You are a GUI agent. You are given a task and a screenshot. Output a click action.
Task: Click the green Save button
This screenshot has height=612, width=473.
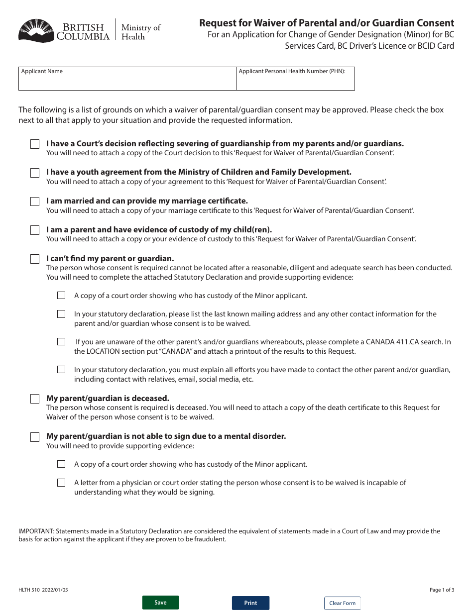point(160,603)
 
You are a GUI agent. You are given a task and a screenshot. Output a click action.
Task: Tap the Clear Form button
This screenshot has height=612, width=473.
point(342,603)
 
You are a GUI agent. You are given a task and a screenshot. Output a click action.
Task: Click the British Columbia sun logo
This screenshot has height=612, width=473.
point(35,31)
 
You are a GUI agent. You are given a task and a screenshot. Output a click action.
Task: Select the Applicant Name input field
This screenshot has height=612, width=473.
point(127,79)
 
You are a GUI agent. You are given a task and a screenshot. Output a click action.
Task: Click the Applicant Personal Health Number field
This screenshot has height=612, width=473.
point(295,79)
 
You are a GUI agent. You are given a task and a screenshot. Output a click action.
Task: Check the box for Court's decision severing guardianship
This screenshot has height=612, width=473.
point(35,144)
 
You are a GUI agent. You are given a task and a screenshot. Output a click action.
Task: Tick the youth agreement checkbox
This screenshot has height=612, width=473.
point(35,173)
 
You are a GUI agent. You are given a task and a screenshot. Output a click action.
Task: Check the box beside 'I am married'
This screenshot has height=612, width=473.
point(35,202)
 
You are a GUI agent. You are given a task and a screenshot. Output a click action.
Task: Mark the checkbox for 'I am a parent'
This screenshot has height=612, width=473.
point(35,230)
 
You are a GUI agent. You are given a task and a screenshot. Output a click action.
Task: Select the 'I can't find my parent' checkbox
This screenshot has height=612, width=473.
point(35,259)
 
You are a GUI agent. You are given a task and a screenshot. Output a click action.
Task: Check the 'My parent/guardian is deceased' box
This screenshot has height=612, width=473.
point(35,399)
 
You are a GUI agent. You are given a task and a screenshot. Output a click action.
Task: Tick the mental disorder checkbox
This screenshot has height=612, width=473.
point(35,437)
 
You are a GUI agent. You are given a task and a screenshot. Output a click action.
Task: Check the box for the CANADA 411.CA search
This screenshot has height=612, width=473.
point(61,342)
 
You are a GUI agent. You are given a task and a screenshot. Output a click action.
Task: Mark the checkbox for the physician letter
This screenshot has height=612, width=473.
point(61,483)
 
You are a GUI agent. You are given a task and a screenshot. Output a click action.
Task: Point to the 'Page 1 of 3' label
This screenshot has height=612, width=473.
point(442,590)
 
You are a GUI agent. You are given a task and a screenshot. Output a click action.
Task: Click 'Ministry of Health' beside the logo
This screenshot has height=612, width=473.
point(140,32)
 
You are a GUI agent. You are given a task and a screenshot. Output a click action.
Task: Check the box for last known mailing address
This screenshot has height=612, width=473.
point(61,314)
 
